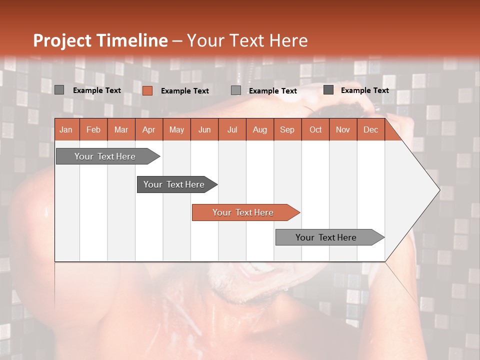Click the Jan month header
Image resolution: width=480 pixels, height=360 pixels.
[x=66, y=129]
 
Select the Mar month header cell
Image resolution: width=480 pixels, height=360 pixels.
[x=121, y=129]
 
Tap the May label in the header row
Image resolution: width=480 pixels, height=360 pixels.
[x=176, y=129]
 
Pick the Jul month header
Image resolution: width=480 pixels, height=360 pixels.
[x=232, y=129]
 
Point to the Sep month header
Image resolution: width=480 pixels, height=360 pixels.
[x=287, y=129]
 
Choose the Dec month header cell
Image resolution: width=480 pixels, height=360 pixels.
[x=370, y=129]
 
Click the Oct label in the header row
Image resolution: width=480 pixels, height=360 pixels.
[x=315, y=129]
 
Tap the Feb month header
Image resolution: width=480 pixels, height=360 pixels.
[x=93, y=129]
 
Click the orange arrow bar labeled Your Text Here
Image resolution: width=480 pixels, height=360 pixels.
[x=243, y=212]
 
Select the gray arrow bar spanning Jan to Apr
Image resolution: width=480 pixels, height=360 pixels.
[x=105, y=156]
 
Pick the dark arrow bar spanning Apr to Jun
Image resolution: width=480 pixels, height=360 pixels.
[x=174, y=184]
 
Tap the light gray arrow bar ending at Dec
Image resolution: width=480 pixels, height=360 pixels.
[x=326, y=237]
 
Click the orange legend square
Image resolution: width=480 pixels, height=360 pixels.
[x=147, y=90]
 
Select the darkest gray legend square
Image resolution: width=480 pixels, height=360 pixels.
[x=328, y=90]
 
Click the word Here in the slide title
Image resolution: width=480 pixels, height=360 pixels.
[x=288, y=40]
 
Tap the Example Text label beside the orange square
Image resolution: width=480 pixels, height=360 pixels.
[x=185, y=91]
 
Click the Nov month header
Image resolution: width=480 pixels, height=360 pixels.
[x=343, y=129]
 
